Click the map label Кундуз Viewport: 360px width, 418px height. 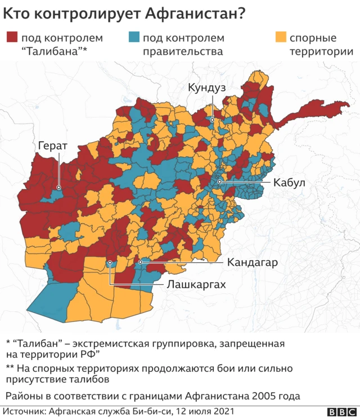pyautogui.click(x=206, y=88)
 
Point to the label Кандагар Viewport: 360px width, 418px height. pyautogui.click(x=253, y=262)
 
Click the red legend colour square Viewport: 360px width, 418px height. pyautogui.click(x=12, y=38)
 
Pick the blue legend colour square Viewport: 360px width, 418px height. pyautogui.click(x=133, y=38)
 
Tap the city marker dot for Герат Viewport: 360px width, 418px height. pyautogui.click(x=58, y=188)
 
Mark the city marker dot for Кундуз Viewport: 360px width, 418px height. pyautogui.click(x=212, y=120)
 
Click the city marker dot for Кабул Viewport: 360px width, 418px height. pyautogui.click(x=220, y=182)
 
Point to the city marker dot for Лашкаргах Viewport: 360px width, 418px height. pyautogui.click(x=110, y=262)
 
